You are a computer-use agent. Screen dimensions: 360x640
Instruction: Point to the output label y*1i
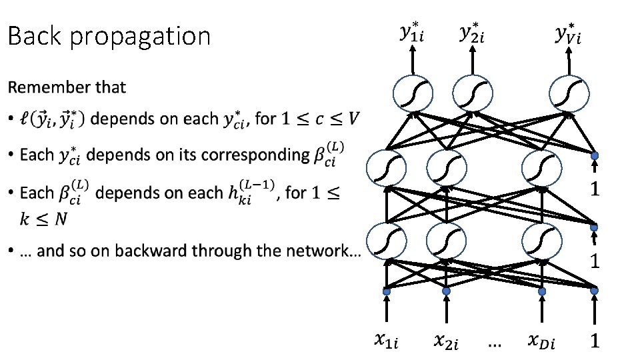(413, 33)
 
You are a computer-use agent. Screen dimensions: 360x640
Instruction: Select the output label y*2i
(473, 33)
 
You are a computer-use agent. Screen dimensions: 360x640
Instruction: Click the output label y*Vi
(568, 33)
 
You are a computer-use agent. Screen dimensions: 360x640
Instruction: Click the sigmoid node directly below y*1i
(413, 94)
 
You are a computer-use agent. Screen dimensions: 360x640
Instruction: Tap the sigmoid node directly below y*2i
(473, 94)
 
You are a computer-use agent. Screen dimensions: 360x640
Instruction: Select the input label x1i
(386, 341)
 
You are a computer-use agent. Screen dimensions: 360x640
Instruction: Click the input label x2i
(446, 341)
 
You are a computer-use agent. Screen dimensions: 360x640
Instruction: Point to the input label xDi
(541, 341)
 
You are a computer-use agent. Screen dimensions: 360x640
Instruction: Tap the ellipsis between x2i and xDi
(495, 344)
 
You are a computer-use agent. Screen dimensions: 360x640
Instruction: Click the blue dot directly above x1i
(385, 291)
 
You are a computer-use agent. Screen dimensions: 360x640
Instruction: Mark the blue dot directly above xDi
(541, 291)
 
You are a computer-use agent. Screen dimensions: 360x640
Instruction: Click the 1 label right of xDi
(594, 341)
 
